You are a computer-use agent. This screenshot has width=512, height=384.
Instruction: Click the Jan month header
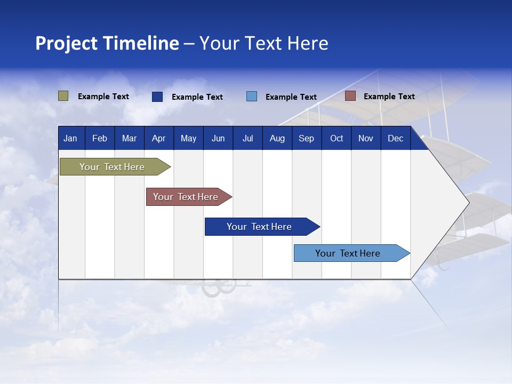[x=70, y=139]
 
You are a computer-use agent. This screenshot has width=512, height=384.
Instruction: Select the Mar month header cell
[x=129, y=139]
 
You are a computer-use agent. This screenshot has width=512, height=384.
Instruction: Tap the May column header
[x=188, y=139]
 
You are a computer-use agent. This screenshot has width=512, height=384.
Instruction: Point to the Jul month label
[x=247, y=139]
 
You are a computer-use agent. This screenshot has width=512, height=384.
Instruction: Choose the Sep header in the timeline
[x=306, y=139]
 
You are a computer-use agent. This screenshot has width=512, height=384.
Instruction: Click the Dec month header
[x=395, y=139]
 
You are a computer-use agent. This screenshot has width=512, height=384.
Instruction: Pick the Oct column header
[x=337, y=139]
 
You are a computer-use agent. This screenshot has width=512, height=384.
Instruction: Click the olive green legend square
[x=63, y=96]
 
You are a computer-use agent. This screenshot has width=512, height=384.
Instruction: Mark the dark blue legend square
[x=157, y=97]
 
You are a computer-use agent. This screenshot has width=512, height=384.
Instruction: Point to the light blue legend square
[x=252, y=97]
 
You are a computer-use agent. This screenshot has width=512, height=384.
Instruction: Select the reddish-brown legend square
[x=350, y=96]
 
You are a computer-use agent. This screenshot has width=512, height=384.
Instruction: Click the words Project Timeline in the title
[x=107, y=43]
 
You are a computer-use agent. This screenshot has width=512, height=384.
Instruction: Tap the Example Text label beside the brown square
[x=389, y=97]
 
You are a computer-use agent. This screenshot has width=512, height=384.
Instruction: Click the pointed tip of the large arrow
[x=467, y=203]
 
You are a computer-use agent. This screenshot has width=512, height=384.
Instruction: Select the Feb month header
[x=100, y=139]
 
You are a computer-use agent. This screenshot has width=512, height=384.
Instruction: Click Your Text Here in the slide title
[x=263, y=43]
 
